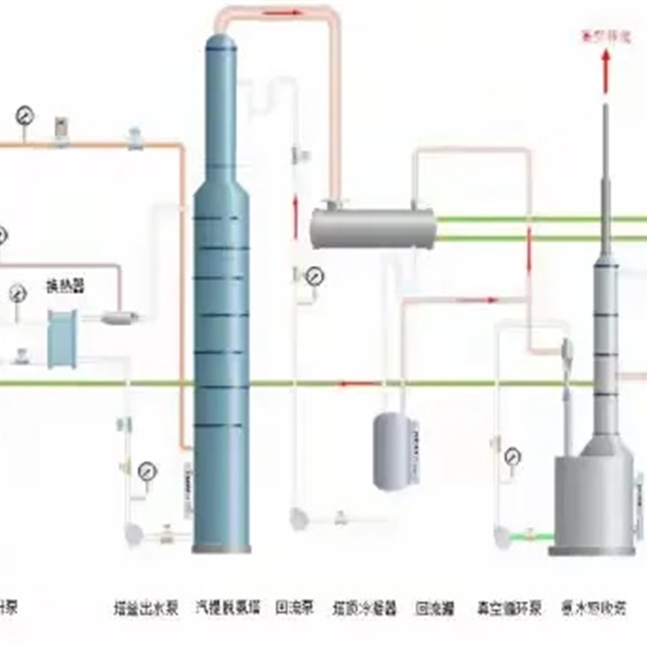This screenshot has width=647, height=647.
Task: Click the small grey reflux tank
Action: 393,450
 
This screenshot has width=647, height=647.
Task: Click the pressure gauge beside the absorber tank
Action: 515,455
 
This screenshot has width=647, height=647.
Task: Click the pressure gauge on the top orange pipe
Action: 23,115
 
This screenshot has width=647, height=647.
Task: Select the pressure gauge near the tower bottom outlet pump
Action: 148,471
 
